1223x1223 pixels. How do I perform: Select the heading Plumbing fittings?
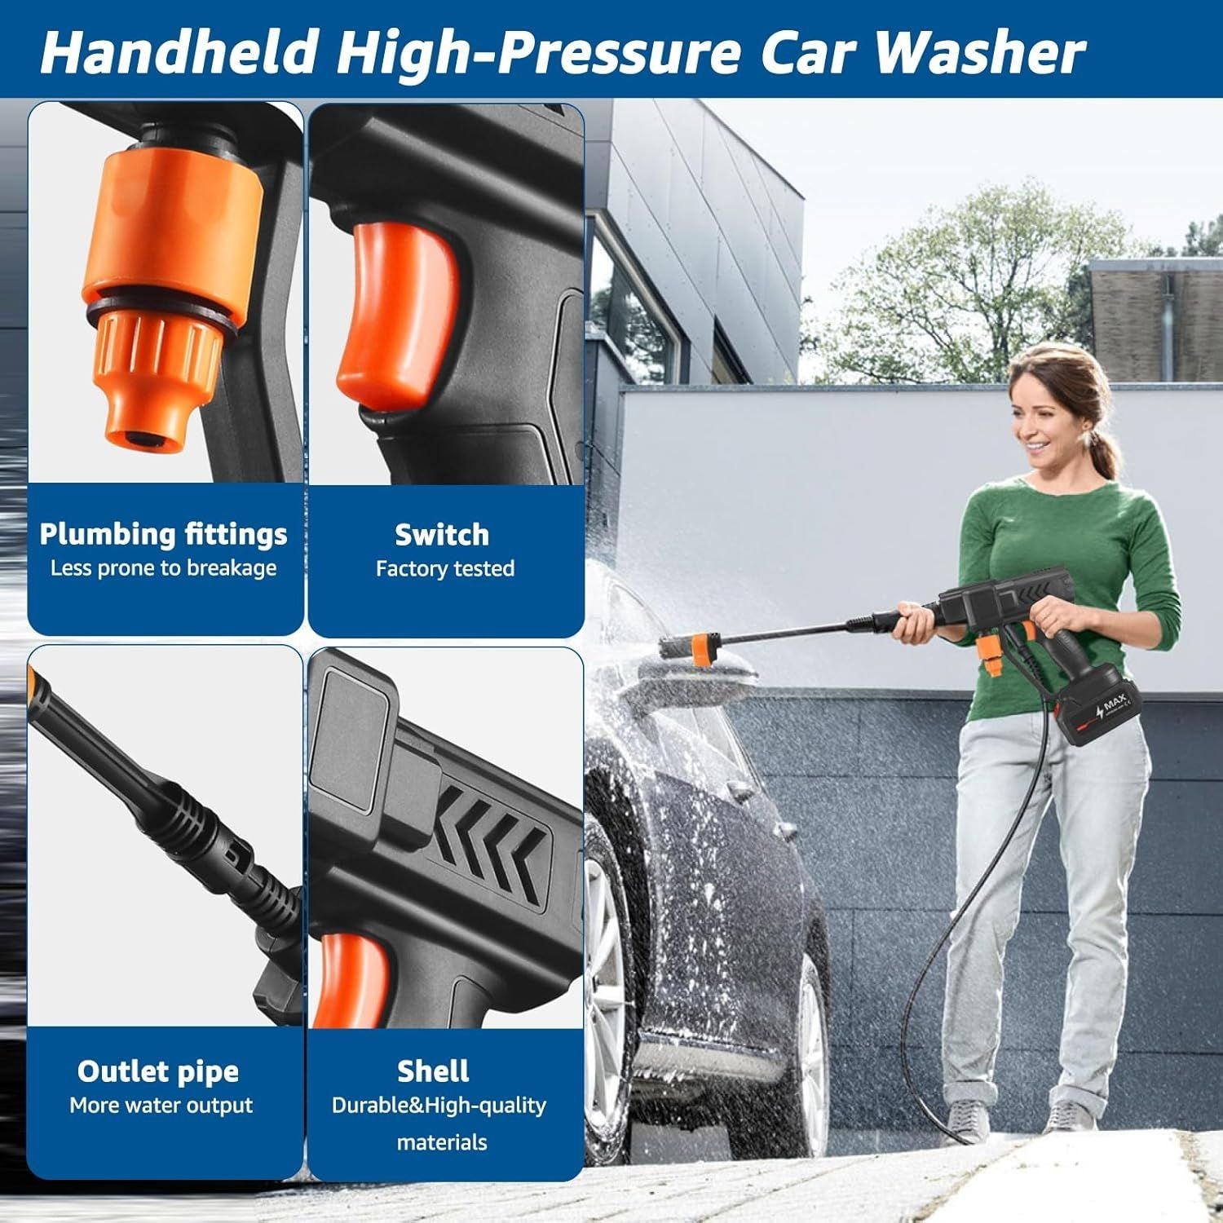coord(164,534)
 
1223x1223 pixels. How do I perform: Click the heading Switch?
coord(442,535)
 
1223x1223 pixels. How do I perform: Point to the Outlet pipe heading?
coord(158,1071)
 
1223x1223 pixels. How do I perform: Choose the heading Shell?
coord(433,1071)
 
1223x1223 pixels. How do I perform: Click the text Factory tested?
coord(445,568)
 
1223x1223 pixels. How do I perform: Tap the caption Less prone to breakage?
coord(164,568)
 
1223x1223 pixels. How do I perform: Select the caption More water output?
coord(161,1106)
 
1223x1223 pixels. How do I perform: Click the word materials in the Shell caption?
coord(442,1141)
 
